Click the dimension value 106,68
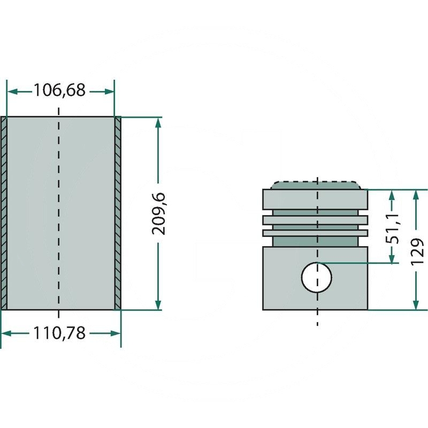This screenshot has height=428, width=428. (x=59, y=90)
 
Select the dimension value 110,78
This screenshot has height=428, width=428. (x=59, y=333)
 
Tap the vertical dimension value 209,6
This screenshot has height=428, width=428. (x=158, y=213)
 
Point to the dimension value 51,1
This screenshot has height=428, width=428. (x=392, y=229)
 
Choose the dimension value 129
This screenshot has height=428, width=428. (x=417, y=251)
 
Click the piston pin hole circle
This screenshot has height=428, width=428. (x=317, y=277)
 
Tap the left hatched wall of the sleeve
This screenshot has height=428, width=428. (x=4, y=213)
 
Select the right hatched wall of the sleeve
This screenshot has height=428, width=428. (x=118, y=213)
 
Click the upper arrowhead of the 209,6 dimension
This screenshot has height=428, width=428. (x=158, y=123)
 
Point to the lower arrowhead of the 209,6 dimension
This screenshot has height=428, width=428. (x=158, y=304)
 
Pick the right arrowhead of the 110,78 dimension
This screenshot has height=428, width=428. (x=115, y=333)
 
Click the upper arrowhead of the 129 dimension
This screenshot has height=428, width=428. (x=416, y=195)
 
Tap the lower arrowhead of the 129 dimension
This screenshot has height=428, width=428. (x=416, y=304)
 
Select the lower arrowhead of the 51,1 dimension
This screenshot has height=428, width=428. (x=392, y=258)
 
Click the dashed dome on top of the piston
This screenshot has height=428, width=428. (x=316, y=185)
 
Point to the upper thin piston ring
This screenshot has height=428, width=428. (x=315, y=220)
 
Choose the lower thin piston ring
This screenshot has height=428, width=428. (x=315, y=233)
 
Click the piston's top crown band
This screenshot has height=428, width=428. (x=315, y=200)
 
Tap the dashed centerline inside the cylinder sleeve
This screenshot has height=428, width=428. (x=59, y=213)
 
